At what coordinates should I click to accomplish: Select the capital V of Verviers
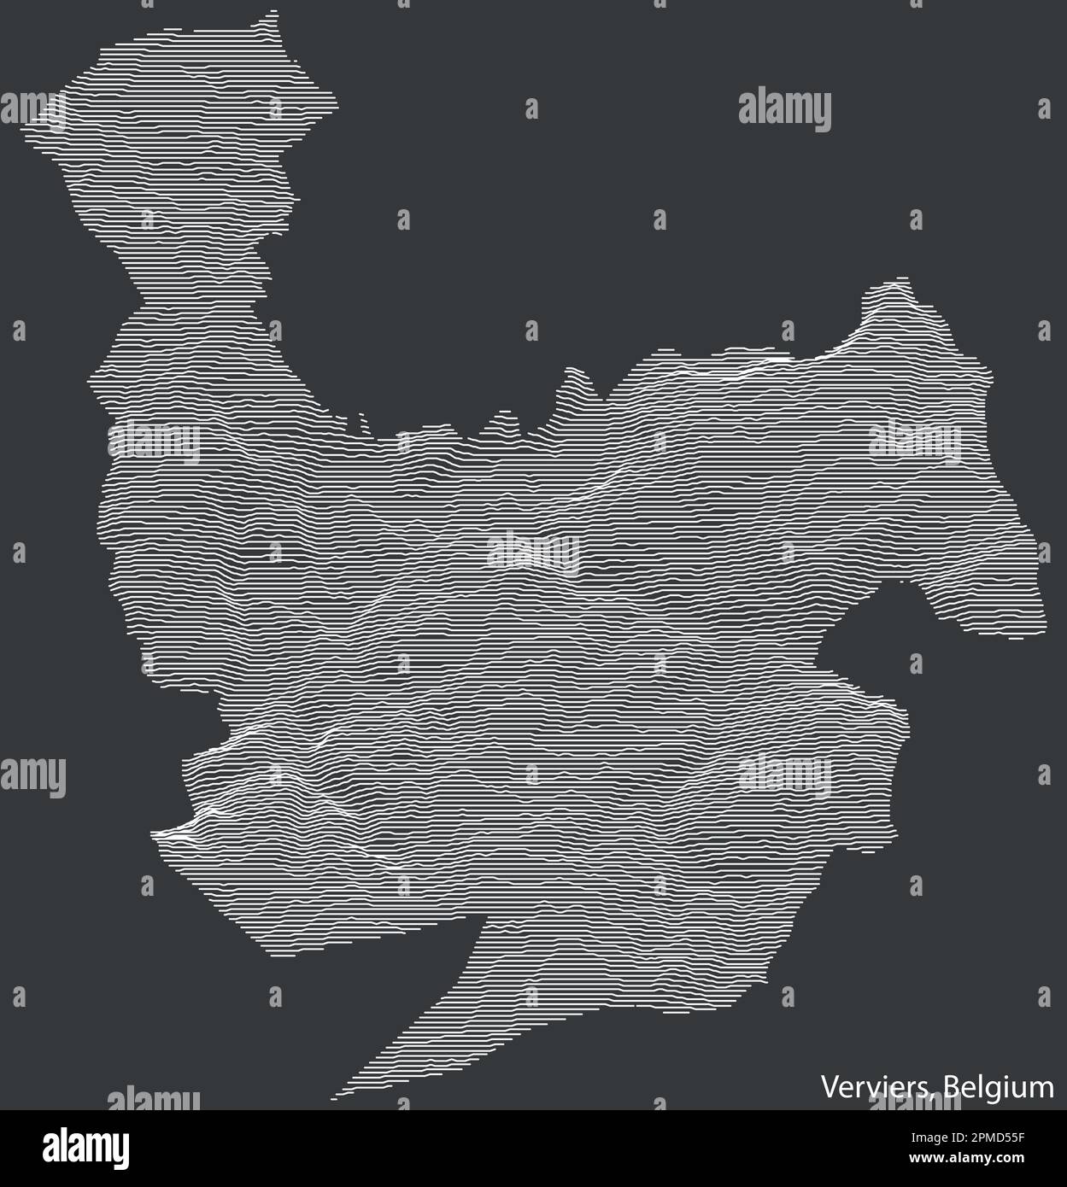coord(829,1088)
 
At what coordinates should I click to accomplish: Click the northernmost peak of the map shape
coord(274,12)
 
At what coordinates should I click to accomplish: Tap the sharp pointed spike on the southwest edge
coord(155,830)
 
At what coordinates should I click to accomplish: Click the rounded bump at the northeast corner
coord(893,283)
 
